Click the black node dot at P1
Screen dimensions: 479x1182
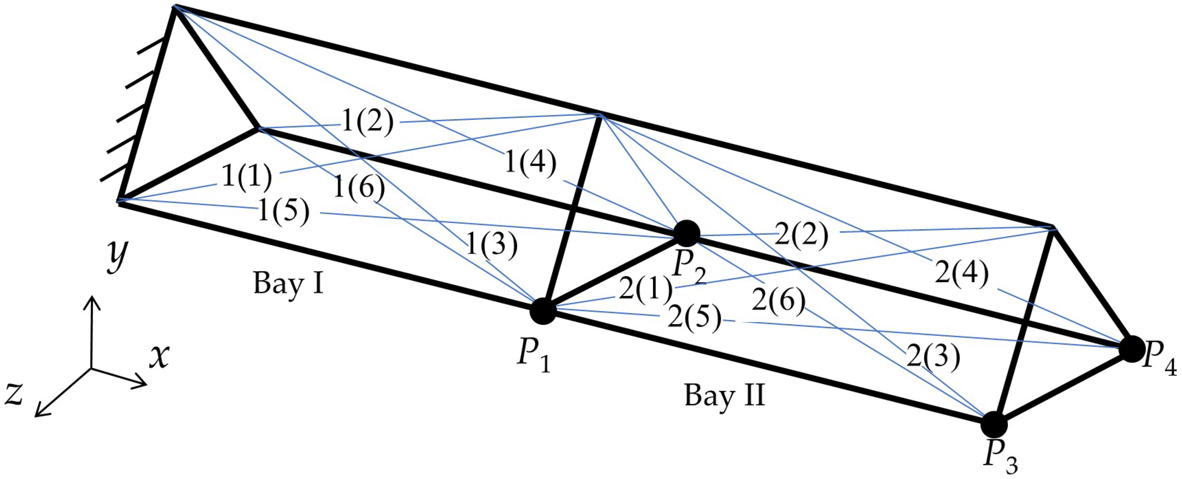coord(543,310)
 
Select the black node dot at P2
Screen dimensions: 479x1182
coord(686,233)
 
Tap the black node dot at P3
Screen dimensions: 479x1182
coord(994,424)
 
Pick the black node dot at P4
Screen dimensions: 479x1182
coord(1132,349)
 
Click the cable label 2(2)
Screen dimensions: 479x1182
coord(802,235)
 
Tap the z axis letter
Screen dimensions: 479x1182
coord(14,395)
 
